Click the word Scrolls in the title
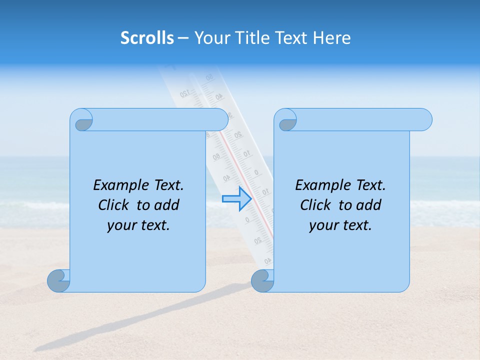147,38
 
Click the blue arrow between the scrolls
236,198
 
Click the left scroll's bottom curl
59,281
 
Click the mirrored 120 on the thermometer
184,93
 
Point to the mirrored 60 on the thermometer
216,157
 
